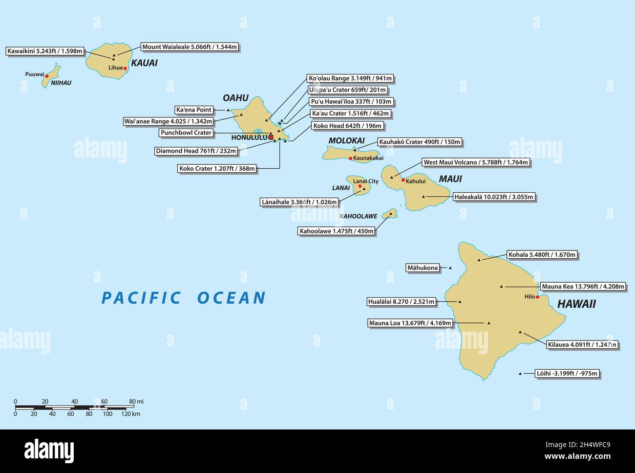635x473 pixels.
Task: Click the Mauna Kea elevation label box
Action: click(x=583, y=287)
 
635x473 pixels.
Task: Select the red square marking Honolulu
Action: click(x=271, y=137)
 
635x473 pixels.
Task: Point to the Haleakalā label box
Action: click(x=494, y=197)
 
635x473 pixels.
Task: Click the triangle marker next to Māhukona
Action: click(x=450, y=268)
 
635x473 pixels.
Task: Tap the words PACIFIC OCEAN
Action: click(x=184, y=297)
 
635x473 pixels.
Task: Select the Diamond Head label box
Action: click(x=196, y=151)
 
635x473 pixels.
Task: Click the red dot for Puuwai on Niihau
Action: click(x=47, y=76)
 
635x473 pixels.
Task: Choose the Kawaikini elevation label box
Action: click(x=45, y=51)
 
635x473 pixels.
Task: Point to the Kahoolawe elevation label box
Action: click(x=337, y=231)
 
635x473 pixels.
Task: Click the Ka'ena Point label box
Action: click(x=194, y=110)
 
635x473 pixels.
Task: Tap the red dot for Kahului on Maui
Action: click(x=403, y=180)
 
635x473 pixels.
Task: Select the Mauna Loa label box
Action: click(x=410, y=323)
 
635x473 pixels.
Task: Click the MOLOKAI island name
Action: click(x=346, y=141)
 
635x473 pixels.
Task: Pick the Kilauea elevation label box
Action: click(x=582, y=344)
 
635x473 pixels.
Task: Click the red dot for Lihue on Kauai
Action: click(x=125, y=68)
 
